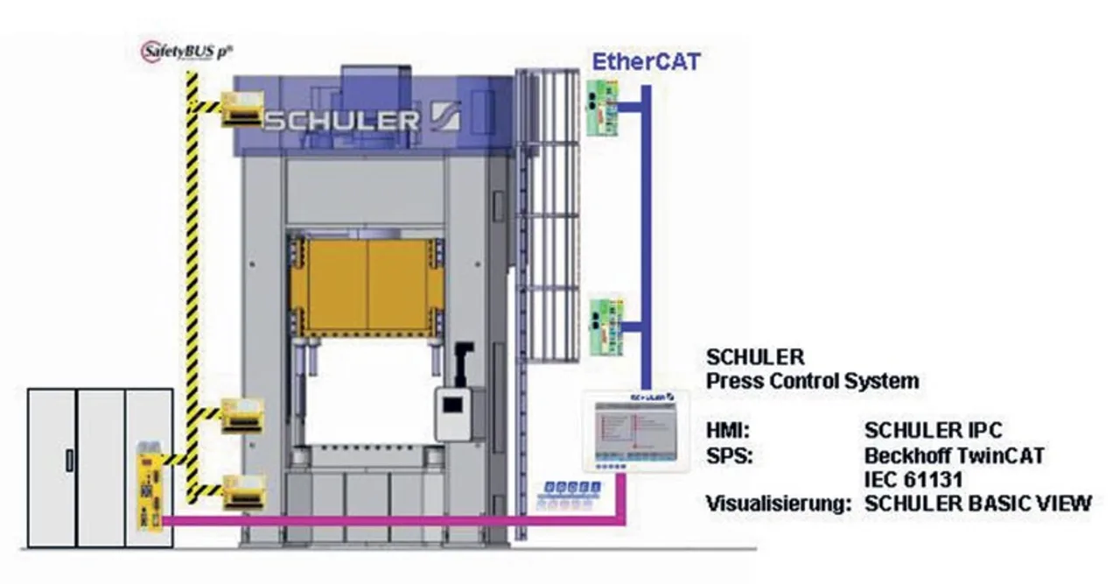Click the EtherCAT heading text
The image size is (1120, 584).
pyautogui.click(x=646, y=61)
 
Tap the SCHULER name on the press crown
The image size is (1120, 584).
pyautogui.click(x=341, y=120)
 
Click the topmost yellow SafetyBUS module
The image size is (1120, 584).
pyautogui.click(x=242, y=109)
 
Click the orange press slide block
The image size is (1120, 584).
pyautogui.click(x=367, y=287)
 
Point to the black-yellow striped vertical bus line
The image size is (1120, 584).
pyautogui.click(x=192, y=263)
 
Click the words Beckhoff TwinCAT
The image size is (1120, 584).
pyautogui.click(x=954, y=456)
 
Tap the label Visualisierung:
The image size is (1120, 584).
pyautogui.click(x=778, y=503)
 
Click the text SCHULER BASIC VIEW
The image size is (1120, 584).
pyautogui.click(x=977, y=503)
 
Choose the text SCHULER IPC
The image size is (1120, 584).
pyautogui.click(x=933, y=431)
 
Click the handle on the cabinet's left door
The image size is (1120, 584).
pyautogui.click(x=69, y=461)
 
